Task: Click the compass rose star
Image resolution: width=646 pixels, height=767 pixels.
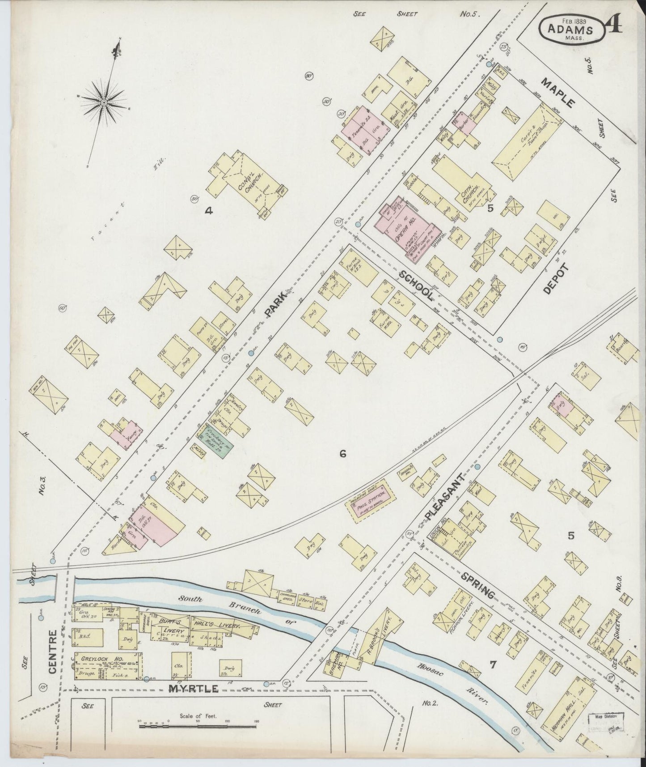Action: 104,102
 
